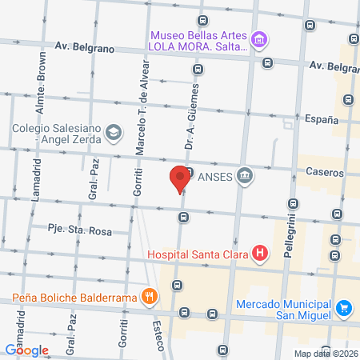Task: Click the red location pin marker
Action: pos(181,178)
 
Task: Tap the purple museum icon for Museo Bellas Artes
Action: pos(258,38)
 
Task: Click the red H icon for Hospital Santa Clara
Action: pos(259,255)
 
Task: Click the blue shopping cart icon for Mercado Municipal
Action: pos(344,307)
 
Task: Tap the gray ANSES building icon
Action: pos(244,174)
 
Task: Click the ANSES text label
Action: pos(214,174)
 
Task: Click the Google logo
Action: pos(27,349)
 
